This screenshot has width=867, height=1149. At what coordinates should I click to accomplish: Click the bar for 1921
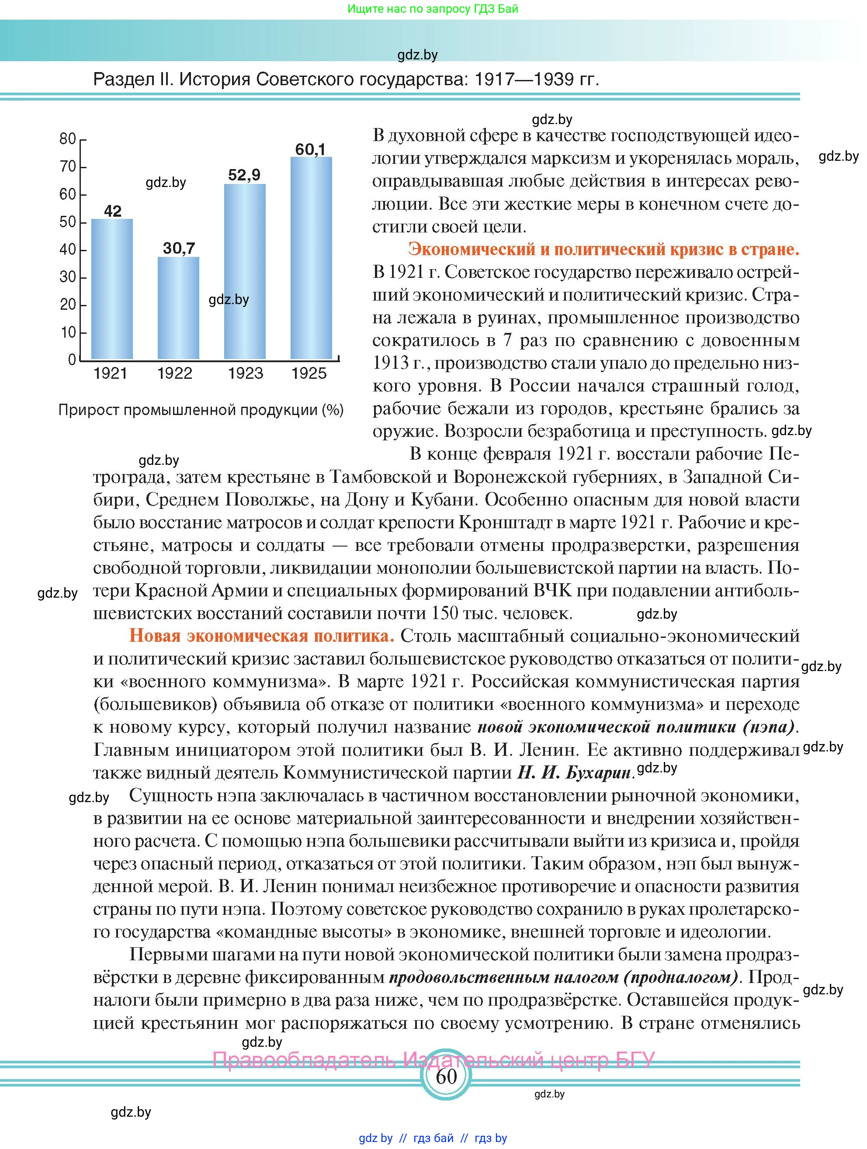point(112,289)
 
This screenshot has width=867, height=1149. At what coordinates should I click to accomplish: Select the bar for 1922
point(178,308)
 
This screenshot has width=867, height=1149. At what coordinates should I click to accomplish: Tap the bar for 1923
point(245,271)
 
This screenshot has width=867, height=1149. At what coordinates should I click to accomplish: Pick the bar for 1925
point(311,258)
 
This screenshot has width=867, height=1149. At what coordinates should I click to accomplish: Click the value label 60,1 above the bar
point(310,149)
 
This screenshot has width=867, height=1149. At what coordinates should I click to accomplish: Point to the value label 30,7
point(179,248)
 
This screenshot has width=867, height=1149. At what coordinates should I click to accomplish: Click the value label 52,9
point(244,175)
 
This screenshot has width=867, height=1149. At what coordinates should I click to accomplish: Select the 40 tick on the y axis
point(68,250)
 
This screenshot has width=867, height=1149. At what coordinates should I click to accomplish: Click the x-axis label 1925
point(309,373)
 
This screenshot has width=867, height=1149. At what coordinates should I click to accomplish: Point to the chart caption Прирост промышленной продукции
point(201,410)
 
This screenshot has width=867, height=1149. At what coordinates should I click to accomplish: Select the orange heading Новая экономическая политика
point(262,636)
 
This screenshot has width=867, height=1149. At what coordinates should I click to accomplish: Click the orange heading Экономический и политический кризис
point(603,249)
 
